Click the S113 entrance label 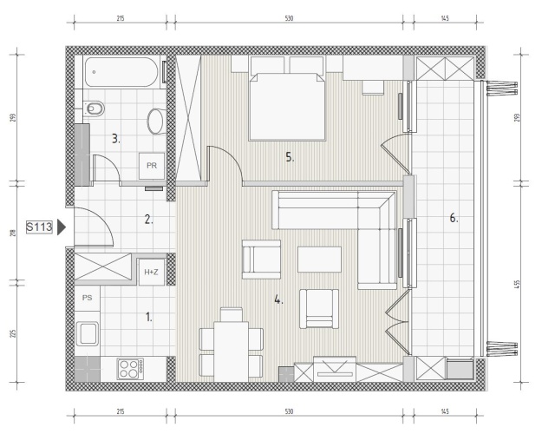(x=39, y=227)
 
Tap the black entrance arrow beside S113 (x=62, y=227)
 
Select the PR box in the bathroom (x=152, y=166)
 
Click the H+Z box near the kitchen (x=151, y=272)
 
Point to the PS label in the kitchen (x=87, y=298)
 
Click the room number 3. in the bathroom (x=116, y=139)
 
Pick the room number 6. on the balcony (x=454, y=218)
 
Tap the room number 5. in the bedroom (x=290, y=157)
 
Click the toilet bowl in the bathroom (x=94, y=109)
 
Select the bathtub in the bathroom (x=121, y=72)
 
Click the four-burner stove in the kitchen (x=130, y=369)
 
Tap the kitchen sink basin (x=88, y=333)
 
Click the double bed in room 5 (x=287, y=106)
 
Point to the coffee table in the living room (x=319, y=260)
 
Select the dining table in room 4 (x=231, y=352)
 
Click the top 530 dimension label (x=289, y=18)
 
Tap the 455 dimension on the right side (x=517, y=285)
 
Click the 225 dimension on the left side (x=14, y=333)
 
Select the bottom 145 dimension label (x=445, y=411)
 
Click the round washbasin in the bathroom (x=155, y=122)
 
